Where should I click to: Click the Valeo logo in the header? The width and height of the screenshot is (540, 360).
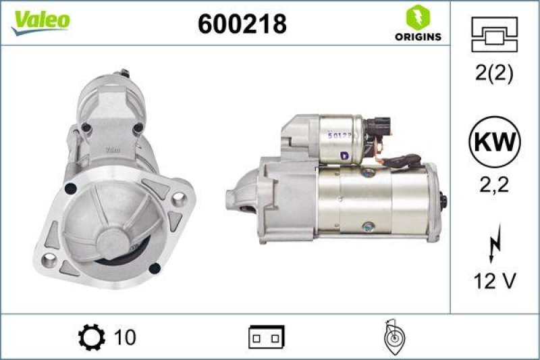click(40, 20)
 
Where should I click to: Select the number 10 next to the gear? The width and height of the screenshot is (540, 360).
click(125, 336)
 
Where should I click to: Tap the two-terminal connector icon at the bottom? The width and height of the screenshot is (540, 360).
click(267, 336)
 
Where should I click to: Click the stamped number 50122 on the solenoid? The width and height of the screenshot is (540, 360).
click(340, 136)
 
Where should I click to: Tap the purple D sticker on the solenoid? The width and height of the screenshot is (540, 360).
click(344, 155)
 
